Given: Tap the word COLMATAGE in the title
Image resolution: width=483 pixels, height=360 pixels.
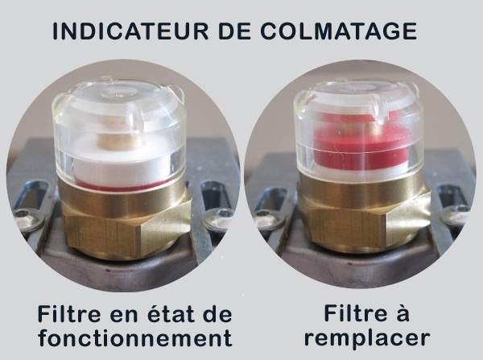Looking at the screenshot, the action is click(339, 31).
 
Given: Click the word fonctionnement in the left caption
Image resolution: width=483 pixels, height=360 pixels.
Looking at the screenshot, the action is click(135, 337).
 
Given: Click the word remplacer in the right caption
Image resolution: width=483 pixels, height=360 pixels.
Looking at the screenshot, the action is click(367, 337).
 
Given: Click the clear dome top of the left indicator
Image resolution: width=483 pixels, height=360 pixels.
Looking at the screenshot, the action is click(118, 93).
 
